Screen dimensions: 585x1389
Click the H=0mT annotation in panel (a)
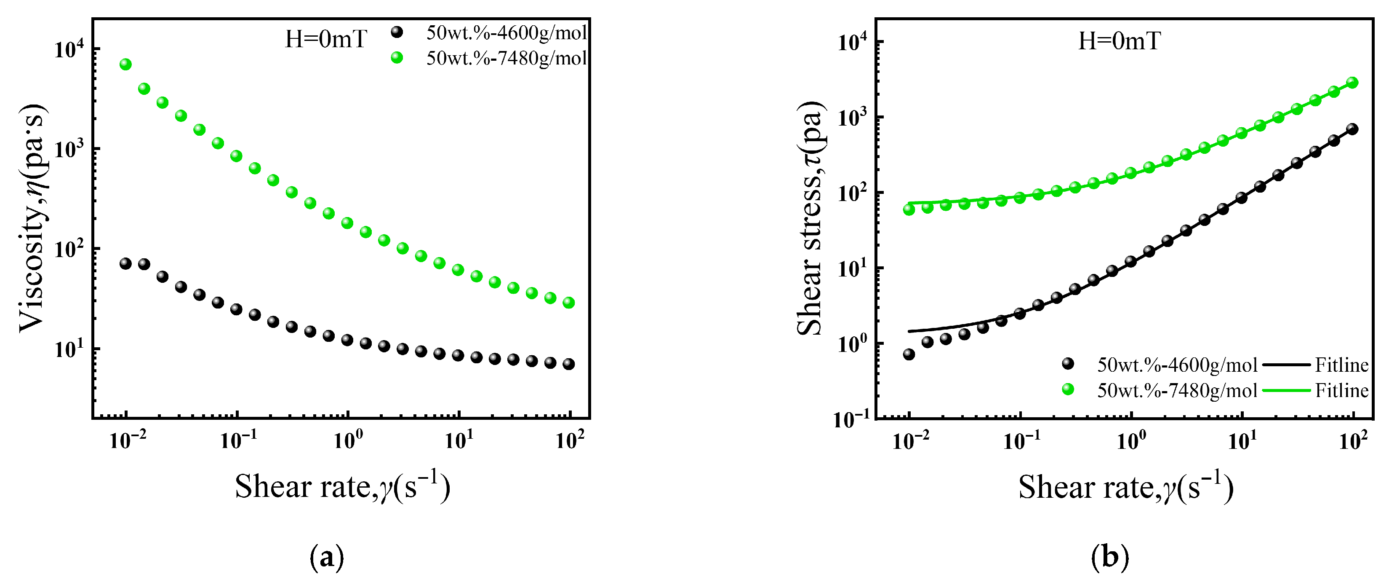click(x=326, y=39)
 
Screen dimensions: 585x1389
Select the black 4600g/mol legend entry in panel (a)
click(x=506, y=32)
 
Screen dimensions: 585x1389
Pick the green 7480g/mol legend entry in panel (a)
click(x=506, y=58)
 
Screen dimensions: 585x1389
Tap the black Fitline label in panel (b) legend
click(x=1341, y=365)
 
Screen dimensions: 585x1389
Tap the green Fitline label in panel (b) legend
click(x=1341, y=391)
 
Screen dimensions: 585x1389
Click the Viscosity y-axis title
click(x=32, y=219)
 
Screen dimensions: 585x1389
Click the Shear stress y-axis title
click(x=810, y=219)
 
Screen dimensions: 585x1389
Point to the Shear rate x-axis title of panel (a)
click(x=342, y=487)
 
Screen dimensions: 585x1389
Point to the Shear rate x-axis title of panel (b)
click(x=1125, y=487)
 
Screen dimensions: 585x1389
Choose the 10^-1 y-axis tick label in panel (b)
click(x=851, y=419)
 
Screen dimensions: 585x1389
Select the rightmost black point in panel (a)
click(x=568, y=364)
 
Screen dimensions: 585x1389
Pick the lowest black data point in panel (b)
click(x=909, y=354)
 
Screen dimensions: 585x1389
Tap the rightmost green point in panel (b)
click(x=1352, y=83)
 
